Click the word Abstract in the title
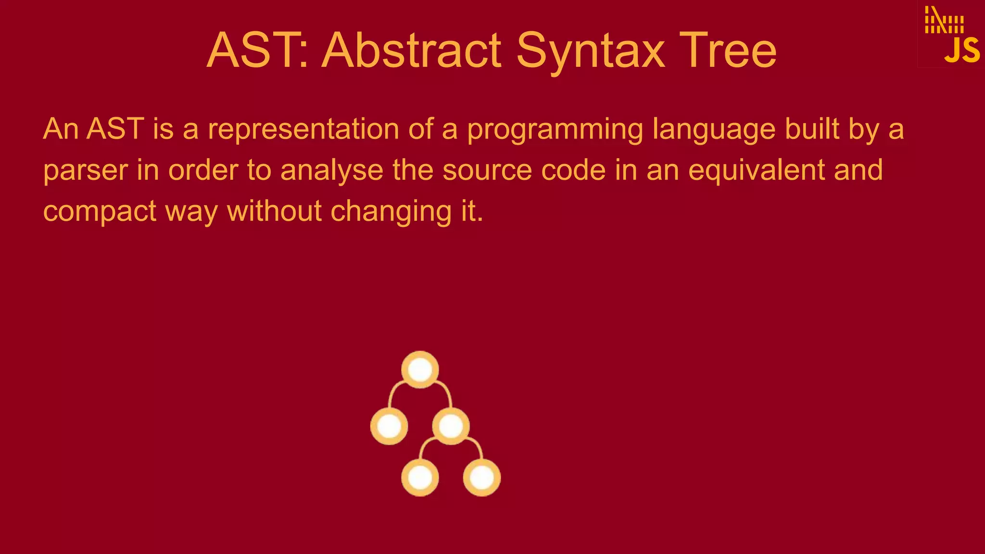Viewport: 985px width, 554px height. click(x=413, y=50)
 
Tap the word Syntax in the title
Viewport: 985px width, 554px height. click(x=591, y=50)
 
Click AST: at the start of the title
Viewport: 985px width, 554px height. click(x=257, y=50)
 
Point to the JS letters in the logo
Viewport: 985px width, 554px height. click(x=961, y=50)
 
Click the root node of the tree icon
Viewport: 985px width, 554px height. click(x=420, y=370)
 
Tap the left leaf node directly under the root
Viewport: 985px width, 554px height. click(x=389, y=426)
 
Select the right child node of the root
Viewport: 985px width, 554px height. click(x=451, y=426)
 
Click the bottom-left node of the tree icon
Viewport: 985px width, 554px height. click(x=420, y=478)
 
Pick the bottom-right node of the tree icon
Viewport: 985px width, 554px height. click(x=481, y=478)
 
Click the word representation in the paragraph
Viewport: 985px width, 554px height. click(x=303, y=129)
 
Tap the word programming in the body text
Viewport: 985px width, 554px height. click(x=555, y=129)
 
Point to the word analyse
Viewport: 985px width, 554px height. click(x=332, y=171)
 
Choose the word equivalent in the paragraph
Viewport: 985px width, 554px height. click(x=756, y=171)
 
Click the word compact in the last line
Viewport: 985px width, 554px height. click(x=100, y=212)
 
